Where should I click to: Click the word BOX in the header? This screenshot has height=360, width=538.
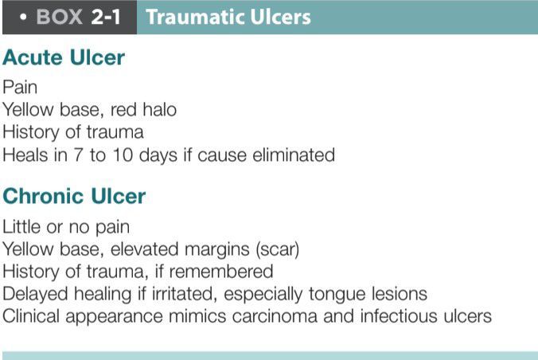pos(58,17)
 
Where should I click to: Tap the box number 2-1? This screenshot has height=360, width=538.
pos(105,17)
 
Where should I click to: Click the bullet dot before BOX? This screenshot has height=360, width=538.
pos(25,17)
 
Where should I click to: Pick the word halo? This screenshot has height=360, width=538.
pos(158,109)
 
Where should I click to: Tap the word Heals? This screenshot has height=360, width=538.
pos(23,155)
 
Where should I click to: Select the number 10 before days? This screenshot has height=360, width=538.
pos(119,155)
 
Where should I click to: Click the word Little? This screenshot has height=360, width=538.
pos(21,226)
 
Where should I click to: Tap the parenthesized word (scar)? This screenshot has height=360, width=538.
pos(275,248)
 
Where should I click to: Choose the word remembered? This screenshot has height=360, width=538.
pos(228,271)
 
